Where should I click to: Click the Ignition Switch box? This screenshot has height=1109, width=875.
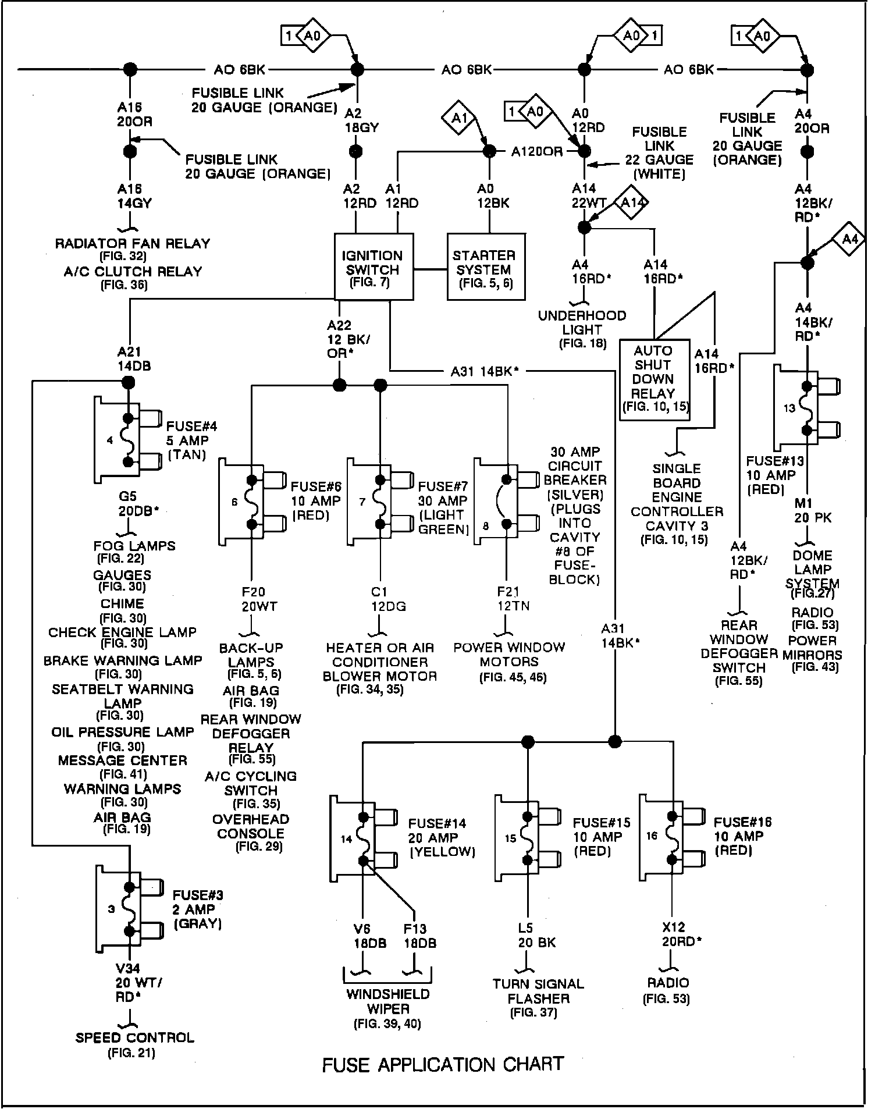(374, 267)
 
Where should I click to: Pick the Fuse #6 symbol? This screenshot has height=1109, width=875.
(251, 502)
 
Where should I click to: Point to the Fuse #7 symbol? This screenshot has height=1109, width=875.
(379, 502)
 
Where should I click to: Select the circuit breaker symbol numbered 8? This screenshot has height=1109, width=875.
(505, 502)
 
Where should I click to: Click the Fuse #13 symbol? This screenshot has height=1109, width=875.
(806, 408)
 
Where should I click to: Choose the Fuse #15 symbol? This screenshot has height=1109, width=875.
(527, 838)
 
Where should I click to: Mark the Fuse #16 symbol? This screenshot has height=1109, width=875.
(672, 836)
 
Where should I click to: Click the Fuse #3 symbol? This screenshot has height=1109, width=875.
(129, 909)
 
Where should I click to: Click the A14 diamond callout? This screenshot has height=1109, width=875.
(632, 202)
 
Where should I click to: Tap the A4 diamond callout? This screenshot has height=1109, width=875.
(849, 239)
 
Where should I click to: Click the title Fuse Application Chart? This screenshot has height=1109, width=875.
(443, 1065)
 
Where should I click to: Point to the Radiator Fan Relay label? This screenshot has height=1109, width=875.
(132, 244)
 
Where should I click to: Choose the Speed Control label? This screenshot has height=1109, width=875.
(134, 1037)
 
